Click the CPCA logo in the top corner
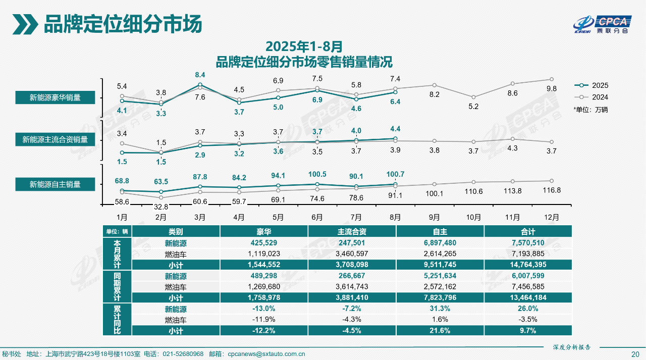602,24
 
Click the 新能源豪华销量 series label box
55,97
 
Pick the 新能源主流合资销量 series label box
55,139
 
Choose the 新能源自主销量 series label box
55,184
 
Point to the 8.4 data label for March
200,75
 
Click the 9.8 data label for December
552,88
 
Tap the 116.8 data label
552,190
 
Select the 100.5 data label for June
317,174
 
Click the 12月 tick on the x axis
552,217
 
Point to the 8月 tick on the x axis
395,217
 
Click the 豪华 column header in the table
264,231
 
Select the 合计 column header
528,231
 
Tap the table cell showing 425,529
264,243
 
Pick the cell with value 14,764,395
528,264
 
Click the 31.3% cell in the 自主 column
440,309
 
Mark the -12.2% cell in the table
264,330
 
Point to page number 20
635,353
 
